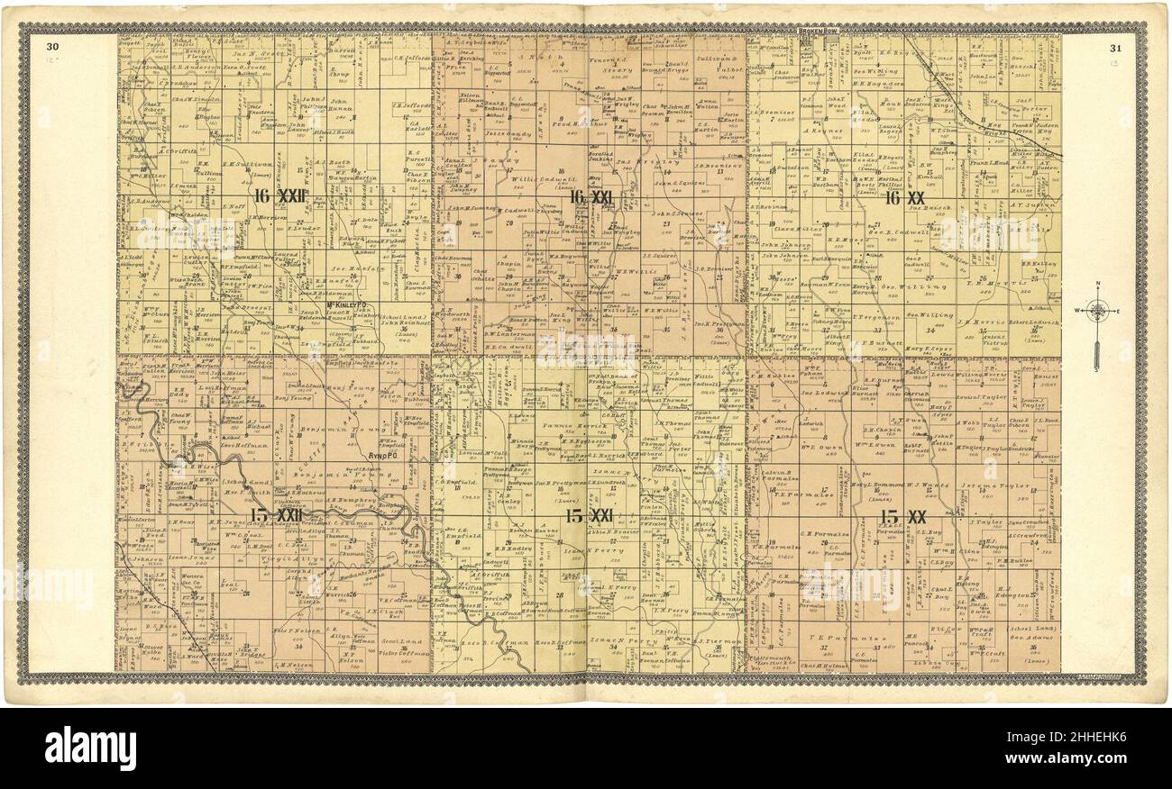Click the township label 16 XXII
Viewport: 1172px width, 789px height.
tap(280, 196)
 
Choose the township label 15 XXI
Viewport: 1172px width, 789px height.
tap(589, 516)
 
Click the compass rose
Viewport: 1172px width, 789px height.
tap(1097, 313)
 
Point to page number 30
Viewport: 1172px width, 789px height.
tap(53, 48)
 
